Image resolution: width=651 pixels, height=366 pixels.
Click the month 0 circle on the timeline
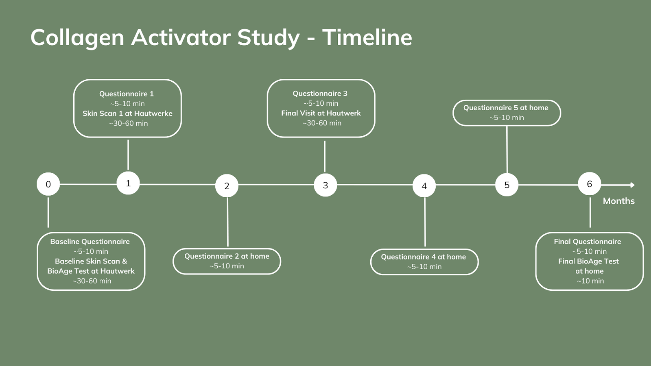click(48, 184)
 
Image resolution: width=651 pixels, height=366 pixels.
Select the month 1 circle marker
click(128, 183)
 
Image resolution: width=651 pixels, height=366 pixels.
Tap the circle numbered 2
click(227, 185)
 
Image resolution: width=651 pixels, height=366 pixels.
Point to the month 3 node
click(325, 185)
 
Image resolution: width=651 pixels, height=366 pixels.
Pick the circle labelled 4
click(424, 185)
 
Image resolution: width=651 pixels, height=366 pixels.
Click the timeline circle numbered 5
click(507, 185)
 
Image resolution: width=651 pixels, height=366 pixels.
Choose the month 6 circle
click(590, 184)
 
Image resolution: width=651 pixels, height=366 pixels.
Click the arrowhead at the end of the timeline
click(632, 185)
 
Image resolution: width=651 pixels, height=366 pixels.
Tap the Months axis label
click(619, 201)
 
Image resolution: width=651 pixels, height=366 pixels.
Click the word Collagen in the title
click(77, 38)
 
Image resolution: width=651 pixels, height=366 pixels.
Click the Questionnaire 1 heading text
click(127, 94)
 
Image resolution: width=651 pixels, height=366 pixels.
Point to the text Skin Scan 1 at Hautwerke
click(128, 113)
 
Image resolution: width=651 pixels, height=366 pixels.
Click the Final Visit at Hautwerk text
click(321, 113)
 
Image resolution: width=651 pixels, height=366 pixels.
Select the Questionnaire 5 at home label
click(506, 108)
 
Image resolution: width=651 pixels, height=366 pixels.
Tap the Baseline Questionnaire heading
click(90, 242)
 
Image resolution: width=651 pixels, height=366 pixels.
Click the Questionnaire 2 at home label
click(227, 256)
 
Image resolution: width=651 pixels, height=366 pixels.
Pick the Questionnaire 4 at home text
click(424, 257)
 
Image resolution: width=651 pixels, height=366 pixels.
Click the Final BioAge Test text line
click(588, 261)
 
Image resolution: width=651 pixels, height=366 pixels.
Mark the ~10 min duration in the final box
click(590, 281)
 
